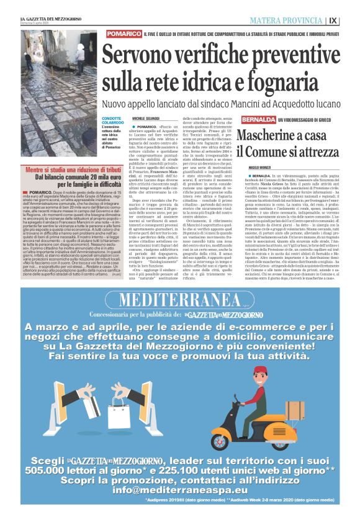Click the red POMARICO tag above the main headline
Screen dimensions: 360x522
(122, 34)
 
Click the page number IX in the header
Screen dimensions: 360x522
(351, 20)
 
